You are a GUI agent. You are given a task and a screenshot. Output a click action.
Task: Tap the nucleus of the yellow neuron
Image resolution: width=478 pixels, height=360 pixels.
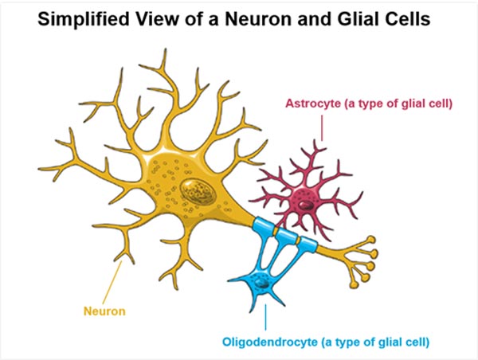click(x=194, y=192)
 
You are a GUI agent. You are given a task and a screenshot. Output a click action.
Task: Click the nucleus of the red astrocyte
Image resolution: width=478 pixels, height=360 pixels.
click(x=302, y=198)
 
